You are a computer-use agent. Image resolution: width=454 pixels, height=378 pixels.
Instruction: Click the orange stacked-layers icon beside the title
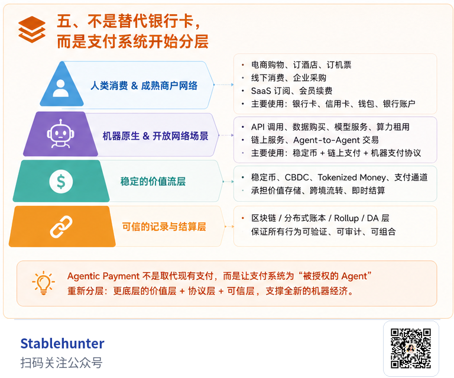coord(31,29)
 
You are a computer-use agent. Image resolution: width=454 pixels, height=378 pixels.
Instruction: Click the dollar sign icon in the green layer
coord(61,181)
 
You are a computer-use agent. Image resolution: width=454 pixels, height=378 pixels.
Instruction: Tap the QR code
coord(411,348)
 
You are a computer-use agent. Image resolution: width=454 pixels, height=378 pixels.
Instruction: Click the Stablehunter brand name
coord(62,344)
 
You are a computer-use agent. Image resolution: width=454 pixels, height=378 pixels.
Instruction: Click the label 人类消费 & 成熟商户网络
coord(144,86)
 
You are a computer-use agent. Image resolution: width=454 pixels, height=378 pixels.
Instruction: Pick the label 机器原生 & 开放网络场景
coord(155,135)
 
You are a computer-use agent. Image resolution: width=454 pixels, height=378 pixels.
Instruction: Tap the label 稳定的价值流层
coord(153,181)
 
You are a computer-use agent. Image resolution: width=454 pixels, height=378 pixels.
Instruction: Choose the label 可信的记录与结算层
coord(164,226)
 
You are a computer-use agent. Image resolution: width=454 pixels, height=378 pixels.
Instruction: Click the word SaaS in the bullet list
coord(261,91)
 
